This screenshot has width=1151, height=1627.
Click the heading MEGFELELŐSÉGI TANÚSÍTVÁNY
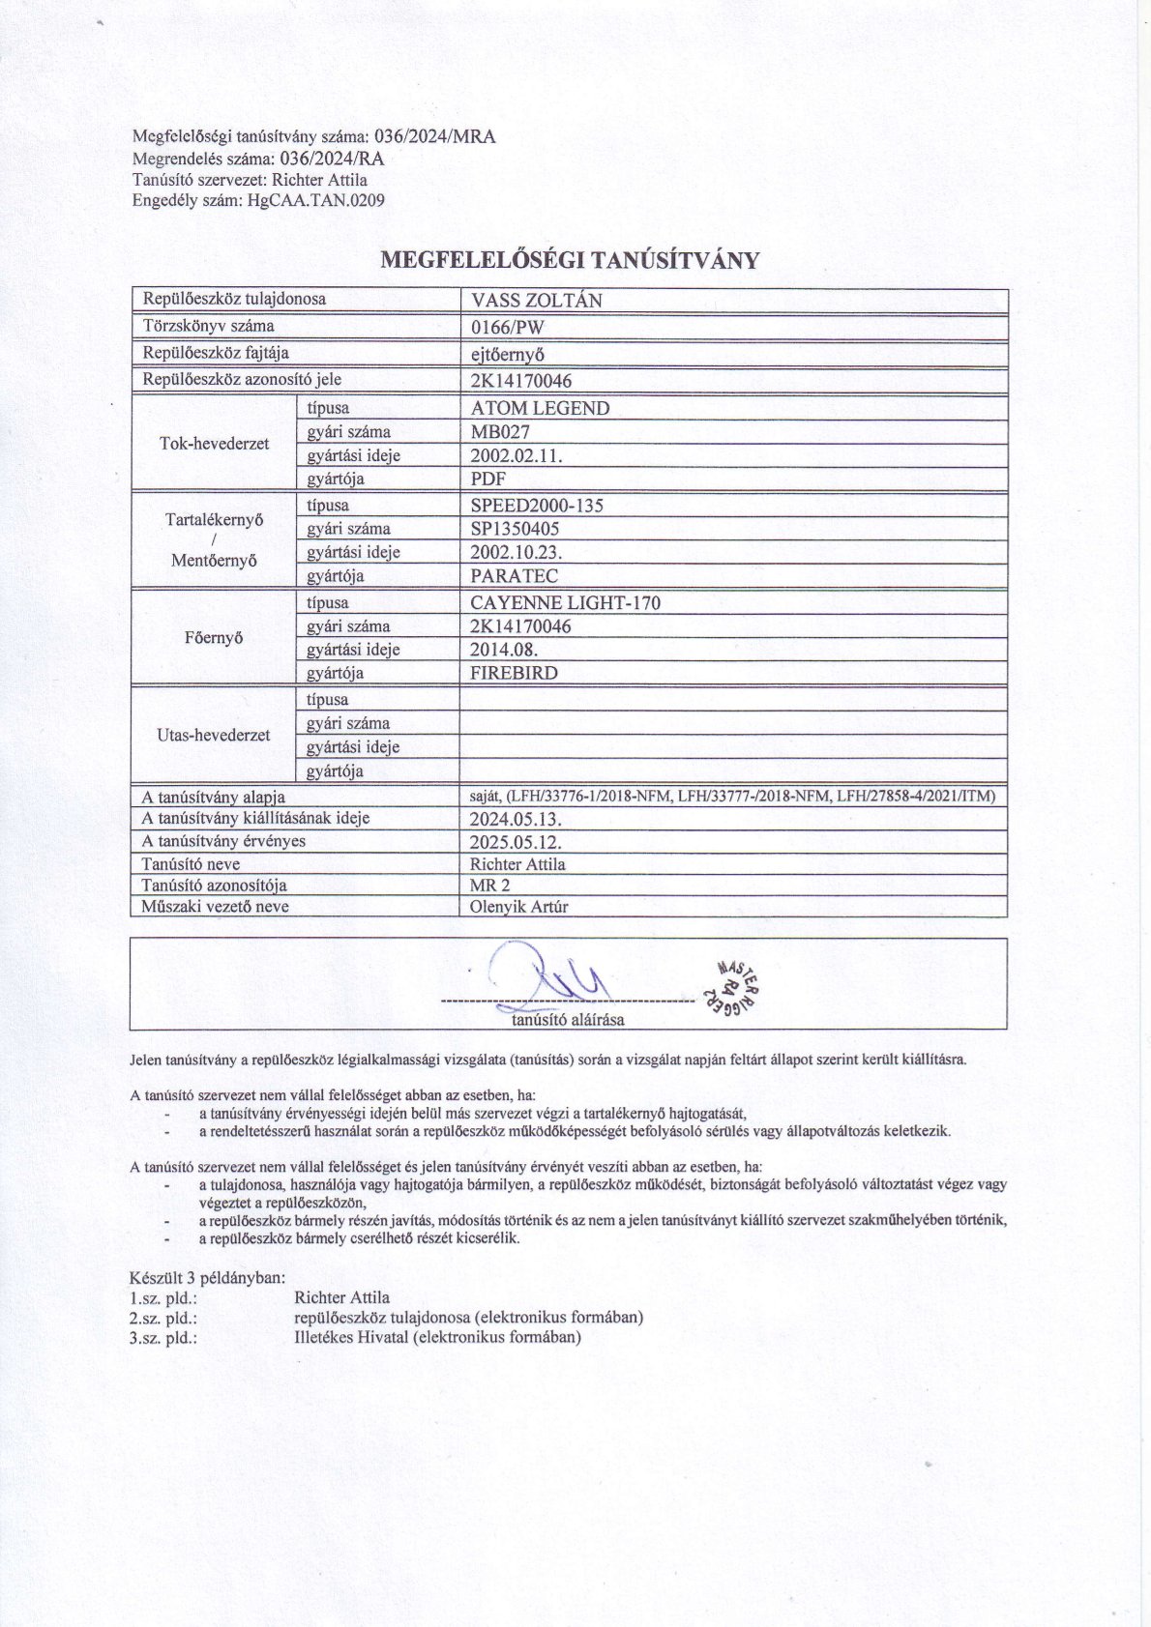tap(570, 260)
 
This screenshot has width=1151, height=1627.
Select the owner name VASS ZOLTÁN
tap(536, 301)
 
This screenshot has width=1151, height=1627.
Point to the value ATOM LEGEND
tap(540, 408)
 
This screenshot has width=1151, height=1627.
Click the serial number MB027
tap(500, 432)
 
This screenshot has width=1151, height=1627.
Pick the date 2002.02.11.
tap(516, 455)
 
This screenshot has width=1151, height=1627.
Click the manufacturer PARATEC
tap(514, 576)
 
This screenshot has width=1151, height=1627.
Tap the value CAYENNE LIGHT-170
tap(566, 602)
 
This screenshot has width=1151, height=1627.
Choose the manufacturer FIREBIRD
tap(514, 673)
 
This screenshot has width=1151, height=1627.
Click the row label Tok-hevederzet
tap(214, 444)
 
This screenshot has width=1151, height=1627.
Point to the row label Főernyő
tap(214, 638)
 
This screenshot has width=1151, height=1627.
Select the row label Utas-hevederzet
tap(214, 735)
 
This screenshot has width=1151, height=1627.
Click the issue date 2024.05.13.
tap(516, 819)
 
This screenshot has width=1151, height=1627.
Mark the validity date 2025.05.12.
tap(516, 841)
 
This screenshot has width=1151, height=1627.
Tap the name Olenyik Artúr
tap(517, 907)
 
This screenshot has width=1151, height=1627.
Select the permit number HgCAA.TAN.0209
tap(316, 201)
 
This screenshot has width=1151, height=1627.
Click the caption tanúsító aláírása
tap(568, 1019)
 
